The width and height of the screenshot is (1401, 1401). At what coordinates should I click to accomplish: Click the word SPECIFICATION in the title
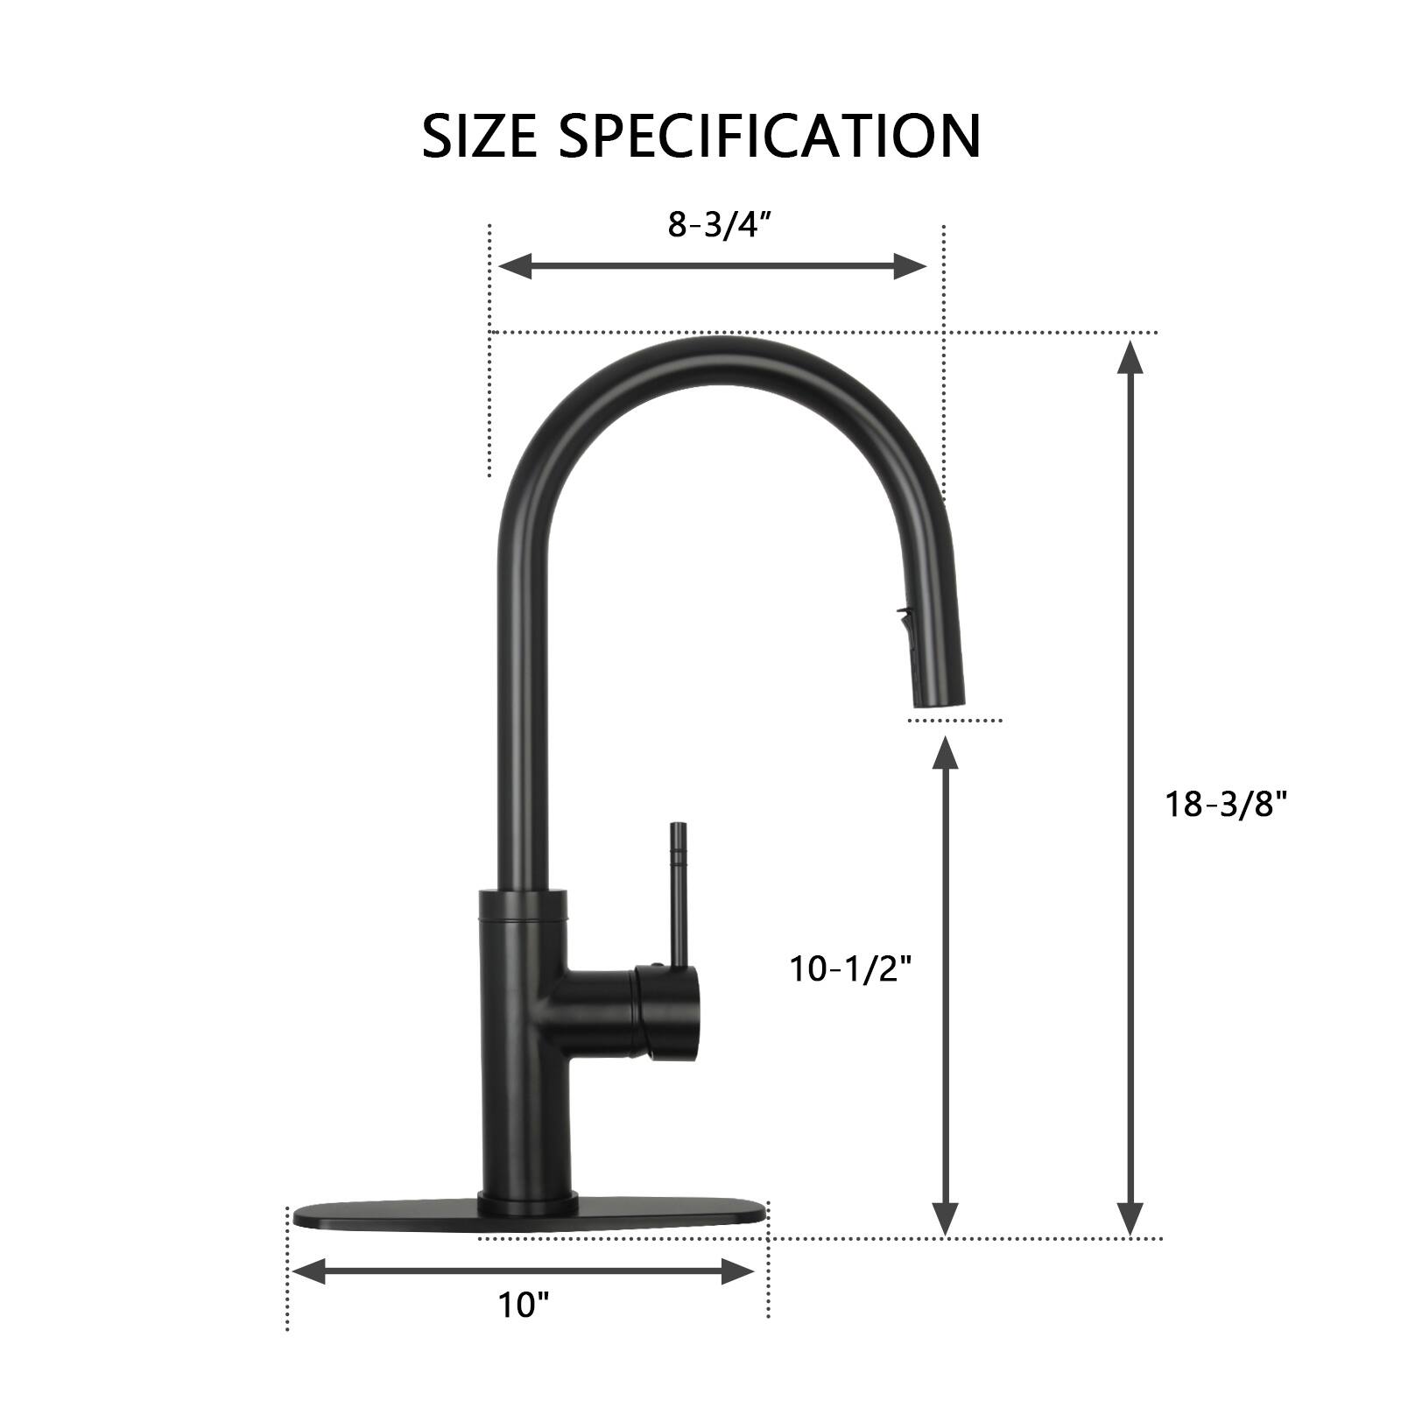770,136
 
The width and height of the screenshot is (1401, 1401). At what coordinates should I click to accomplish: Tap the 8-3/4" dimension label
719,225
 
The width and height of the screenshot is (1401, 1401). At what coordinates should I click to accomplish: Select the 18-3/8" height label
1226,804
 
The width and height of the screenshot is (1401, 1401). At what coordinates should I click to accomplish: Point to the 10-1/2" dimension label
851,969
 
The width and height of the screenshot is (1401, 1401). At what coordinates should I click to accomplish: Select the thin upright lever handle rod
677,893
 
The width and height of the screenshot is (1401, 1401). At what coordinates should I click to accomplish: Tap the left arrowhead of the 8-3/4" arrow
512,265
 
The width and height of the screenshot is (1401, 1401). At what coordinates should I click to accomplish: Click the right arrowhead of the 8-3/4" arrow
911,265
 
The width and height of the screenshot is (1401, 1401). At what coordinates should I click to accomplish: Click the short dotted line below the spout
954,721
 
